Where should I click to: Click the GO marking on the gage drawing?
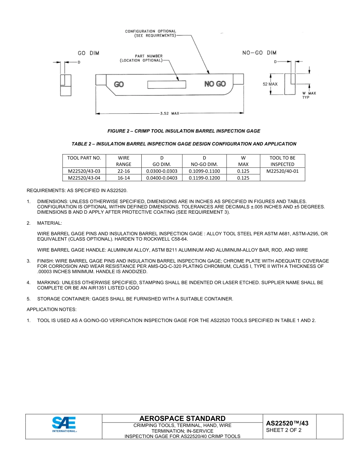[x=119, y=84]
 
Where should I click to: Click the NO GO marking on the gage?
[x=215, y=84]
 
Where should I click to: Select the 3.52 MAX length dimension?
[x=169, y=113]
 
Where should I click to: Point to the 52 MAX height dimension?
[x=270, y=84]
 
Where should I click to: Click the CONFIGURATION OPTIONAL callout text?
[x=151, y=33]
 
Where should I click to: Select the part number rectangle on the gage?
[x=167, y=84]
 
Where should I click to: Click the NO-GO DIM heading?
[x=259, y=53]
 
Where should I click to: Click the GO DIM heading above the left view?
[x=88, y=53]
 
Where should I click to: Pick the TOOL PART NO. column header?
[x=84, y=158]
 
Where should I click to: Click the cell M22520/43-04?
[x=84, y=178]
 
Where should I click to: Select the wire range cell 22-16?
[x=124, y=171]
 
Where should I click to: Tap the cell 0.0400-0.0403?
[x=161, y=178]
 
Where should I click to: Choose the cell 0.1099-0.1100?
[x=204, y=171]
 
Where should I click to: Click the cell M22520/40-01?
[x=282, y=171]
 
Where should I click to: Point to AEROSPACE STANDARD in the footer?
[x=182, y=418]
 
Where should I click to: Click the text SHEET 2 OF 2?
[x=284, y=430]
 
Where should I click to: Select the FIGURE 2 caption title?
[x=184, y=131]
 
